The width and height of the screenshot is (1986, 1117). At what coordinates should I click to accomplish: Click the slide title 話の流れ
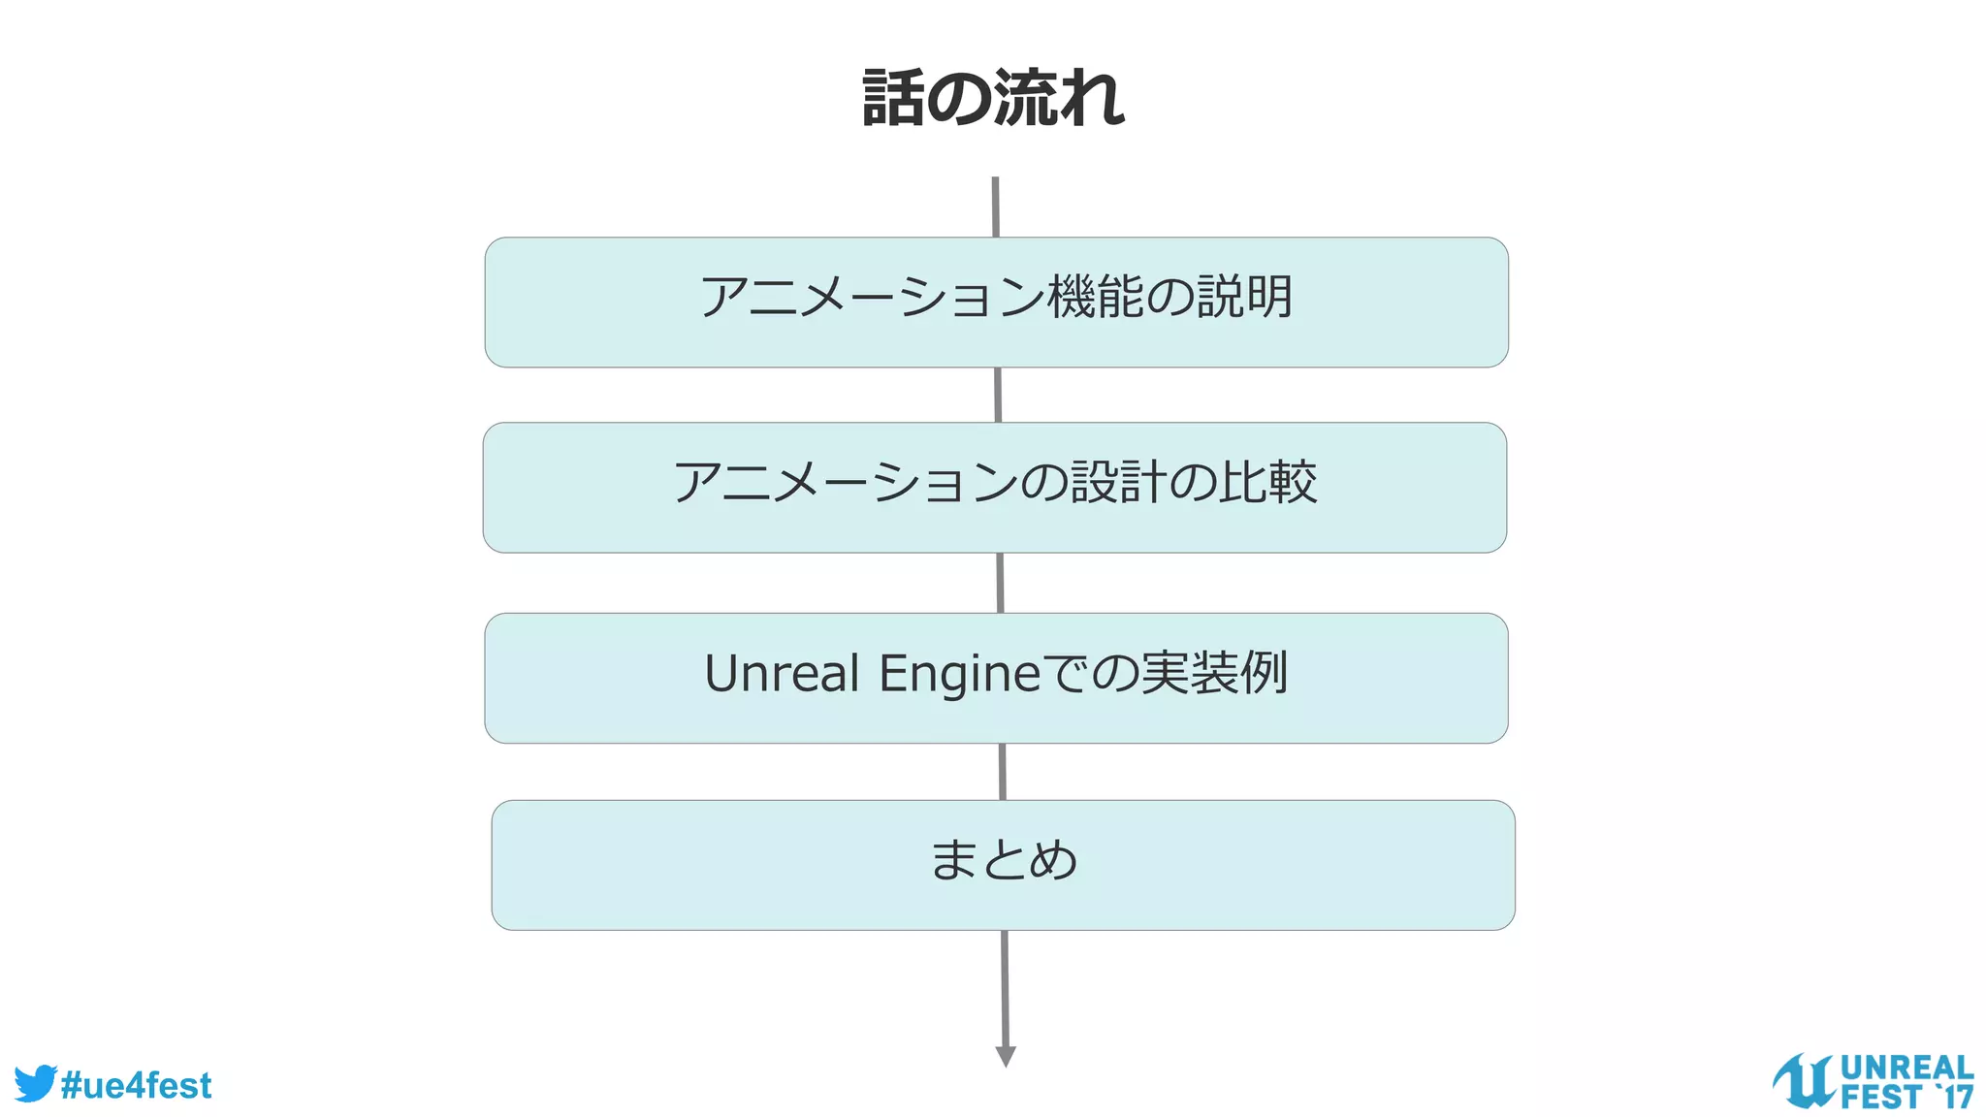(x=993, y=98)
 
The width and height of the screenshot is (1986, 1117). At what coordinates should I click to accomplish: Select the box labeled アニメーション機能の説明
(x=996, y=302)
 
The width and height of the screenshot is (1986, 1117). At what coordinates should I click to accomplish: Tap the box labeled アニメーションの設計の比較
(x=994, y=487)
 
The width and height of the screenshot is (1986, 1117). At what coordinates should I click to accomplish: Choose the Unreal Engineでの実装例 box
(x=996, y=678)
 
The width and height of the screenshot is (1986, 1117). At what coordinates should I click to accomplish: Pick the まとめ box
(x=1003, y=865)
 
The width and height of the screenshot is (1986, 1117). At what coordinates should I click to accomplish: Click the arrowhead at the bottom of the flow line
(x=1006, y=1056)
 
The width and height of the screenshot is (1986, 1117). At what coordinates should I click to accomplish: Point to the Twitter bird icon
(x=35, y=1083)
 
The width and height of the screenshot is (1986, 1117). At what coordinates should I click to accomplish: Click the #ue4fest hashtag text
(x=136, y=1085)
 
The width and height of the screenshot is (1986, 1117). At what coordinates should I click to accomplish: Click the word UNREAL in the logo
(x=1906, y=1068)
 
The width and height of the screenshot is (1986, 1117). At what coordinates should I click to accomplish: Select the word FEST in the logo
(x=1880, y=1098)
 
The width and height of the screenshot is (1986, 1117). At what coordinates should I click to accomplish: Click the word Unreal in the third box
(x=782, y=673)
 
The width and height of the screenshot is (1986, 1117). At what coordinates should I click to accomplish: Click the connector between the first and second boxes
(x=998, y=395)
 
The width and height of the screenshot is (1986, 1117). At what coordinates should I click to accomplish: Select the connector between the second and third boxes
(x=1000, y=583)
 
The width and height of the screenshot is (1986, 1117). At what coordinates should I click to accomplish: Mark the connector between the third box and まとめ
(x=1002, y=772)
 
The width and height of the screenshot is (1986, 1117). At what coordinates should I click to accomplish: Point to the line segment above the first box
(x=995, y=207)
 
